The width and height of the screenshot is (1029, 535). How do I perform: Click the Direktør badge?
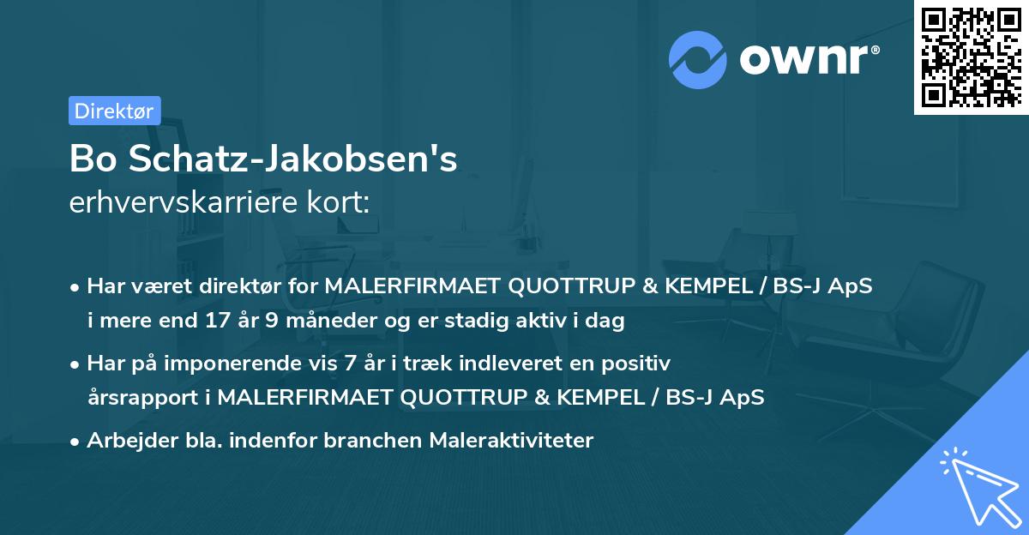coord(114,111)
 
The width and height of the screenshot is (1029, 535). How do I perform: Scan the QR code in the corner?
coord(971,57)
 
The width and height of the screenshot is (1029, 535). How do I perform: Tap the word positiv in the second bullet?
coord(639,363)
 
